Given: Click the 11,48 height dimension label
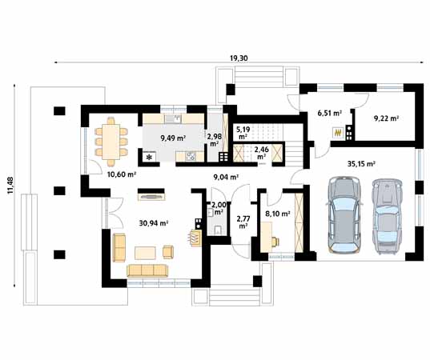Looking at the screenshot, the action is click(10, 186).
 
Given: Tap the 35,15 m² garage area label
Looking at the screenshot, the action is click(361, 164).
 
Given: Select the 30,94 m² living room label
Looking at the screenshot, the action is click(154, 223).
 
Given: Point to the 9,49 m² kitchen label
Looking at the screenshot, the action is click(173, 138).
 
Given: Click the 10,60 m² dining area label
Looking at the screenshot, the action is click(122, 174).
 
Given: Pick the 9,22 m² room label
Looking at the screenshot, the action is click(386, 118).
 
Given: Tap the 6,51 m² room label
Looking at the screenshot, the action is click(329, 113).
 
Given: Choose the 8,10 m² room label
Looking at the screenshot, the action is click(278, 214).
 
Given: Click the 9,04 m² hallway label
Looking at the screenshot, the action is click(226, 178).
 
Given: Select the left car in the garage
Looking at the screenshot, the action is click(344, 214).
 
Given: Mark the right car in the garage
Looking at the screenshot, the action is click(387, 217).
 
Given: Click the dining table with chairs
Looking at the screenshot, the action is click(111, 142).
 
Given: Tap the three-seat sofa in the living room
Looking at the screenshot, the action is click(147, 270).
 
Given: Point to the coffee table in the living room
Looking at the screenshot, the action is click(146, 253).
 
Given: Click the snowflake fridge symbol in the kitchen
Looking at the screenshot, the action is click(150, 158).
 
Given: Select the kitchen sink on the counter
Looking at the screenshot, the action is click(173, 119).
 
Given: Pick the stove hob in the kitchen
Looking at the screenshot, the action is click(191, 156).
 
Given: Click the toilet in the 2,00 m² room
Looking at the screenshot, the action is click(219, 230).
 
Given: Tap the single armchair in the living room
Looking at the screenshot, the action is click(168, 252).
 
